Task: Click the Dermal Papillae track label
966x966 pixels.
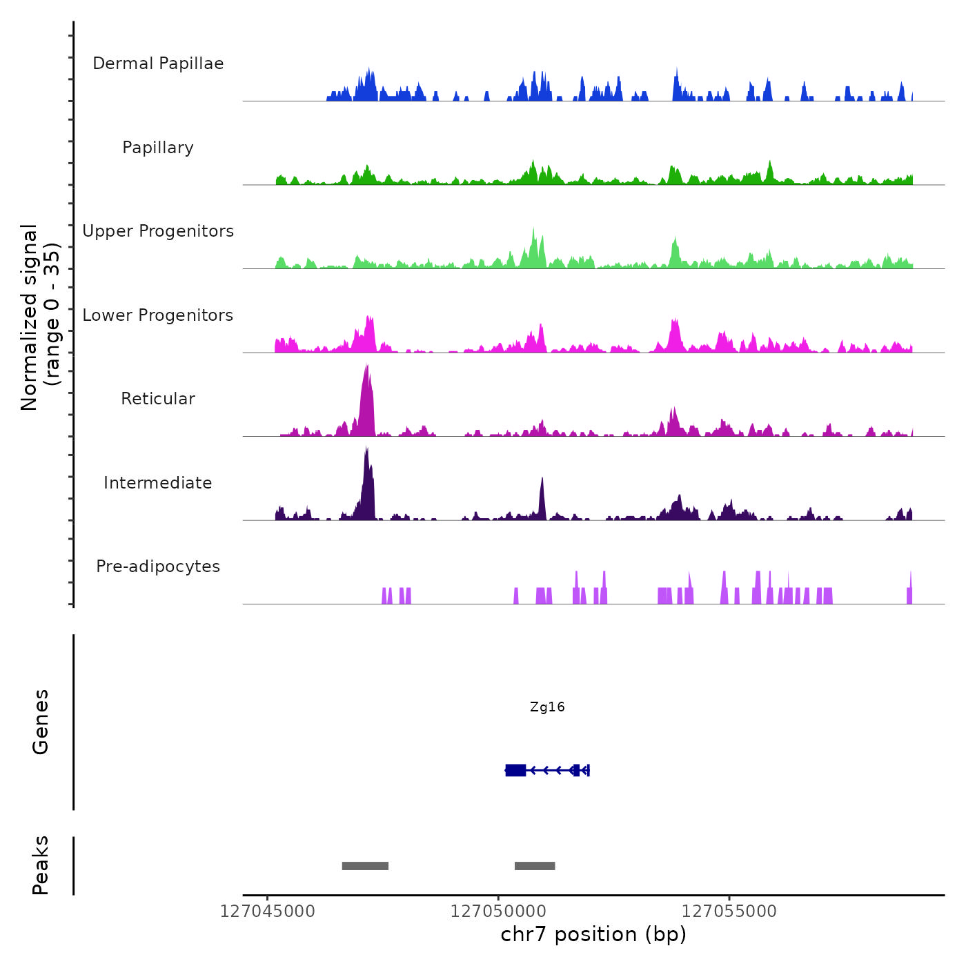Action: [x=158, y=63]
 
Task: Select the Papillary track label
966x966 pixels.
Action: [x=158, y=148]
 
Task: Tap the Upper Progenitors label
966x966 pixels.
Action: [x=158, y=231]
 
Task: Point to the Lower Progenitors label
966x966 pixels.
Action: [x=158, y=315]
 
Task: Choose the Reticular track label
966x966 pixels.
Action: [x=158, y=399]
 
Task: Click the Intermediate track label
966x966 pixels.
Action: [x=158, y=483]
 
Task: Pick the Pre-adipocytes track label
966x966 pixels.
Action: [x=158, y=566]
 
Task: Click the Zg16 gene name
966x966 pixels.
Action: [x=547, y=707]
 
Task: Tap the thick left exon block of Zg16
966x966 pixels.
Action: [x=515, y=770]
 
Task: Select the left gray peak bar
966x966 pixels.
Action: [x=365, y=866]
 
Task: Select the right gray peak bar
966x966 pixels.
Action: [x=535, y=866]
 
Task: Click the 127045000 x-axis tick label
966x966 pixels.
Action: [x=267, y=911]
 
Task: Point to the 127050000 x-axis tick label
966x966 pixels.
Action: [x=498, y=911]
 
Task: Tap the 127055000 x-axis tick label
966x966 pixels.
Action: [x=729, y=911]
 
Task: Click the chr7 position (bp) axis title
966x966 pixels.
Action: [x=593, y=934]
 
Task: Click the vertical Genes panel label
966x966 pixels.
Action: [x=41, y=722]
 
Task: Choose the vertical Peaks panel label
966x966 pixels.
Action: [x=41, y=865]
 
